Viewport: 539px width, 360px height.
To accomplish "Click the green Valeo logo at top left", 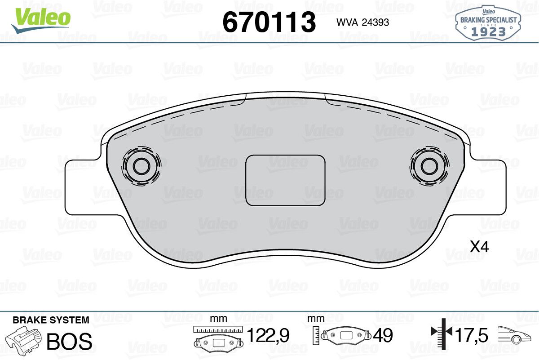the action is tap(41, 20).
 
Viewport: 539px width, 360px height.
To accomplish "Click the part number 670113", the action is tap(269, 22).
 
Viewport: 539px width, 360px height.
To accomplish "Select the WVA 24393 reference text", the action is tap(362, 22).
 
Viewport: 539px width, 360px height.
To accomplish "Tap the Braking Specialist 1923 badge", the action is tap(488, 23).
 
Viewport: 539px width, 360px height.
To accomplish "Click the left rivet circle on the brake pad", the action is tap(141, 166).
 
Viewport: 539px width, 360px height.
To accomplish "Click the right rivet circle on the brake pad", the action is tap(429, 166).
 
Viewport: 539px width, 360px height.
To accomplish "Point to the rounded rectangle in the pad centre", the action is tap(285, 180).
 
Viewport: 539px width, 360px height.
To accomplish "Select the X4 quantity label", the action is tap(479, 247).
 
